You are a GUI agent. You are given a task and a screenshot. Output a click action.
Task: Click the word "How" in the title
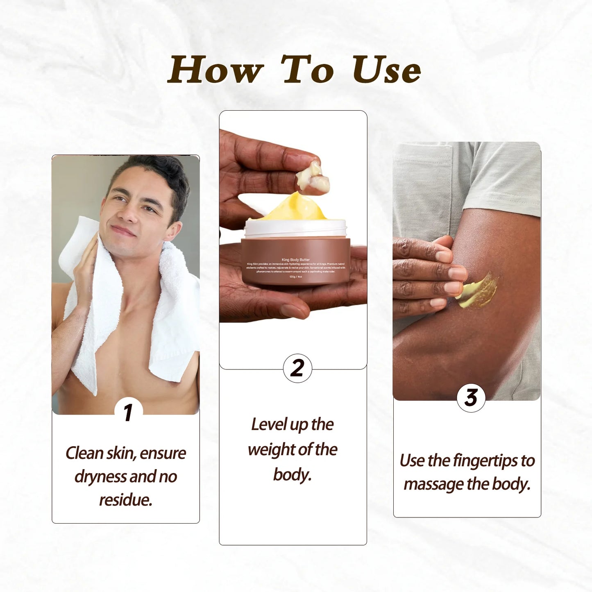215,70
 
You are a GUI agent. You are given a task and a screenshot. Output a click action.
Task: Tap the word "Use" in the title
386,70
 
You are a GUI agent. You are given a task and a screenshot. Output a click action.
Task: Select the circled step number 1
128,412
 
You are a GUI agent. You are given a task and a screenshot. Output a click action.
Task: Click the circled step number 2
297,368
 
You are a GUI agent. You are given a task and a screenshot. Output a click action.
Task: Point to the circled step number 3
471,397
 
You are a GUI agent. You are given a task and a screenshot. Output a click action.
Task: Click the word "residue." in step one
126,500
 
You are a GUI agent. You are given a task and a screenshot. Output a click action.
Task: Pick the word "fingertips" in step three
486,461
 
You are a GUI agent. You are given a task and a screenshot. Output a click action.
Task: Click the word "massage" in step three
434,484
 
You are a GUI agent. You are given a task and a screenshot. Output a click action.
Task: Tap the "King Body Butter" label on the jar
295,260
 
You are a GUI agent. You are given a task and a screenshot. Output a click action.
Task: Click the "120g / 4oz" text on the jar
295,277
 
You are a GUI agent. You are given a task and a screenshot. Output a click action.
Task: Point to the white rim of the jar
295,227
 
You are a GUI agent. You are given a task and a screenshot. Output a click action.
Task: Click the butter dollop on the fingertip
314,177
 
